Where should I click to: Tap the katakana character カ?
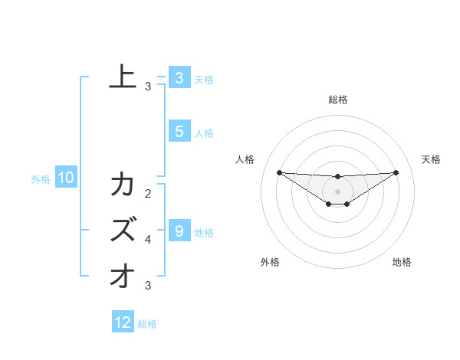(x=123, y=185)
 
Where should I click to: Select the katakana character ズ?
(x=123, y=229)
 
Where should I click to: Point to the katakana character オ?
(x=123, y=275)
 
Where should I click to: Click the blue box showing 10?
(x=66, y=178)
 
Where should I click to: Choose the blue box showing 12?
(x=123, y=322)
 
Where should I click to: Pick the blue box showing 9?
(x=179, y=231)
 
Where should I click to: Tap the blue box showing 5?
(x=179, y=132)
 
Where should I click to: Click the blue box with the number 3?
(x=179, y=77)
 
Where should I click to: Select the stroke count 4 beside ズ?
(x=148, y=240)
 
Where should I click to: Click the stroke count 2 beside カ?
(x=148, y=195)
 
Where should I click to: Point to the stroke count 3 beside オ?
(x=148, y=286)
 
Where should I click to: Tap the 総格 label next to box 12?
(x=147, y=324)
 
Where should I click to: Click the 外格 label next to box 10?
(x=41, y=179)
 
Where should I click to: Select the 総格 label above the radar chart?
(x=337, y=100)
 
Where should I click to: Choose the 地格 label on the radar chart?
(x=402, y=262)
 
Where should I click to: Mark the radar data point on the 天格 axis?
(x=396, y=172)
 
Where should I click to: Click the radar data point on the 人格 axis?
(x=279, y=172)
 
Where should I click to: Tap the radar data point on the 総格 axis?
(x=337, y=177)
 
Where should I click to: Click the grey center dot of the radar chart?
(x=337, y=191)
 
